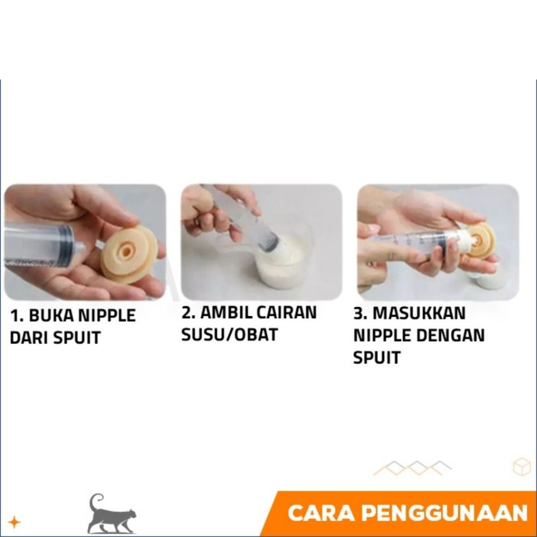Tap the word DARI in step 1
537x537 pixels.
[29, 338]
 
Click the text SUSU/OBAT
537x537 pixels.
[229, 335]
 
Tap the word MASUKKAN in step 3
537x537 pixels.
[419, 313]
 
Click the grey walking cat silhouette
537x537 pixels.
[110, 514]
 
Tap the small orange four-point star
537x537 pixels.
[14, 522]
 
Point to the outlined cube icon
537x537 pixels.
[522, 466]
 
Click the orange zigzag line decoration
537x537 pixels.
[412, 468]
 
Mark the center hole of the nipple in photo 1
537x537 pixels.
[127, 252]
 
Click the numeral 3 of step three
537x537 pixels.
[358, 313]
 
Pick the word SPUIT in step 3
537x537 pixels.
[377, 358]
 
